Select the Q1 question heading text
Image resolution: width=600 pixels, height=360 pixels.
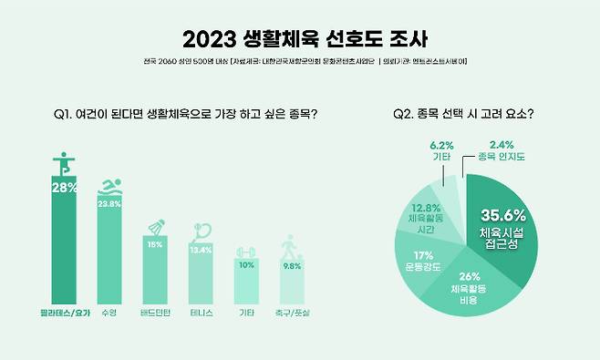point(191,115)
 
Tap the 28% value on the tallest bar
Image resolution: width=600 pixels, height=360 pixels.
point(63,188)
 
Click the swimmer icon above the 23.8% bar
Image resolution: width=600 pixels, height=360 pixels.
point(109,187)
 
